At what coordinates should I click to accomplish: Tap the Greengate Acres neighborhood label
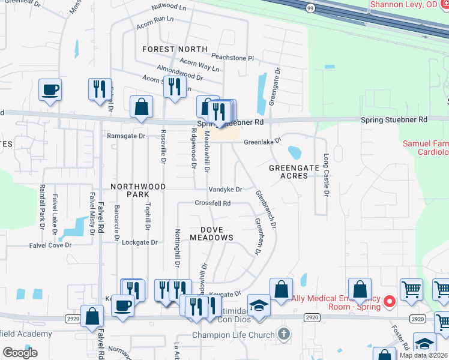coord(297,172)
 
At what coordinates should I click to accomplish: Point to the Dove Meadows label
coord(211,233)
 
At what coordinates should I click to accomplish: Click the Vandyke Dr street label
coord(225,190)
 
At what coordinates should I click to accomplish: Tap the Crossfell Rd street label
coord(213,203)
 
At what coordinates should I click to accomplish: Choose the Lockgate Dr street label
coord(139,243)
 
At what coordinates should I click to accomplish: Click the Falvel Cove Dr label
coord(50,245)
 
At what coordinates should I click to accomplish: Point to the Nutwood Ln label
coord(169,7)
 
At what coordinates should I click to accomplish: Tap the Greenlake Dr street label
coord(262,142)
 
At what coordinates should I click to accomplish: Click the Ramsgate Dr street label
coord(126,136)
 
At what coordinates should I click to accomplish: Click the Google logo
coord(20,353)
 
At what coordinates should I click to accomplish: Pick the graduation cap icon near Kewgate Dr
coord(259,306)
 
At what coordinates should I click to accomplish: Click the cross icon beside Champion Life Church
coord(285,334)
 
